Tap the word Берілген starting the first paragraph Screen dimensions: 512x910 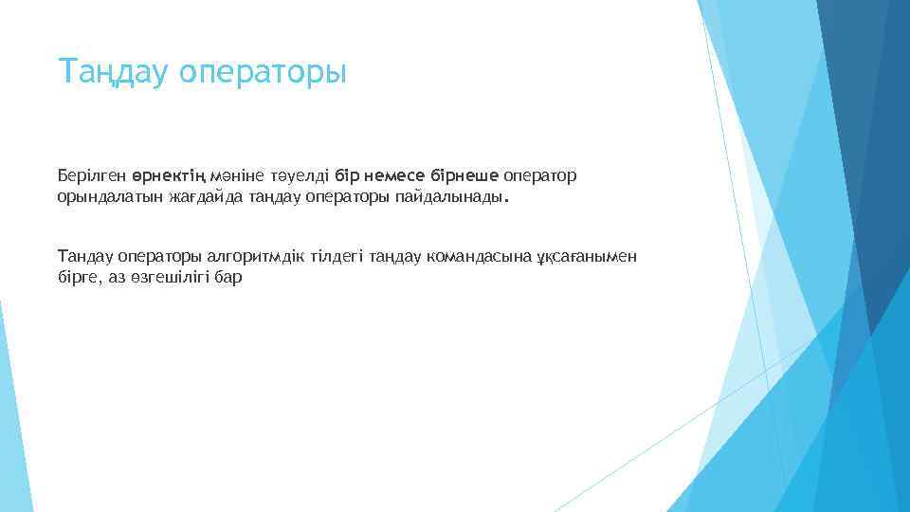coord(90,176)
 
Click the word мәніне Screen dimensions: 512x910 coord(233,176)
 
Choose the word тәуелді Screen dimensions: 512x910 coord(300,176)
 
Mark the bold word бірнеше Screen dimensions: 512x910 coord(464,176)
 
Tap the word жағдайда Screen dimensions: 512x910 coord(187,199)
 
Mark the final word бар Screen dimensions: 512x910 coord(229,279)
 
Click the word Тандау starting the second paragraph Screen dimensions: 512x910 coord(82,256)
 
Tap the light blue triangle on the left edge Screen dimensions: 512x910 coord(11,417)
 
